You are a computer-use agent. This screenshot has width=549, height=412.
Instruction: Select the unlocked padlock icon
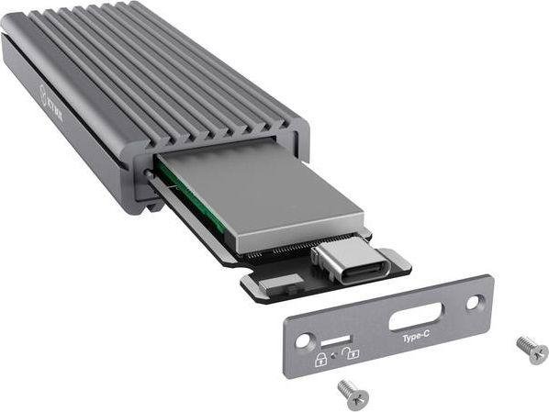pos(353,351)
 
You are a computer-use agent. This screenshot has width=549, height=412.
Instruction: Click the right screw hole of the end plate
pos(473,300)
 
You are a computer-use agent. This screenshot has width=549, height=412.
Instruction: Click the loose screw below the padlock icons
pos(353,393)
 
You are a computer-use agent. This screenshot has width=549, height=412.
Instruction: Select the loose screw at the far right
pos(532,348)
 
